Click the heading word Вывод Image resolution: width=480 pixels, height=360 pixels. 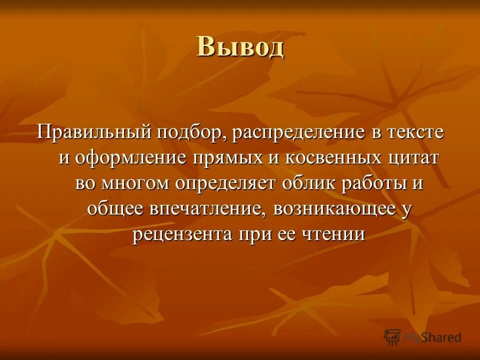coord(240,47)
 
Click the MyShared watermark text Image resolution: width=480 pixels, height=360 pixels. coord(432,337)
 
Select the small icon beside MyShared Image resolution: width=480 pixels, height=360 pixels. coord(392,336)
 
